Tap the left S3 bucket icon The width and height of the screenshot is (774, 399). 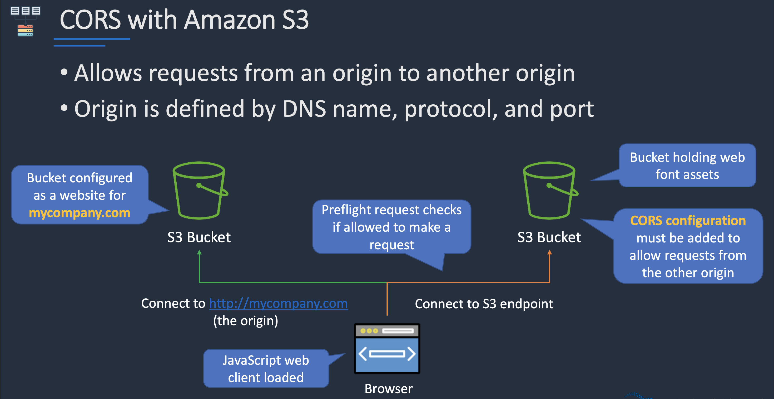coord(200,191)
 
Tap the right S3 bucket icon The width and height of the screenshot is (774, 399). coord(549,191)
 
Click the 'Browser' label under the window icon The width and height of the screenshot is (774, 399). coord(388,389)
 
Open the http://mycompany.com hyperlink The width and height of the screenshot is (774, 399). coord(278,303)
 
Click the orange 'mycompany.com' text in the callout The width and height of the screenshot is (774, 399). coord(80,213)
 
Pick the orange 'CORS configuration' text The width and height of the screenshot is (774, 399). coord(688,221)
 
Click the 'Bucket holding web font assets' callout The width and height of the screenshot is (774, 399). coord(687,166)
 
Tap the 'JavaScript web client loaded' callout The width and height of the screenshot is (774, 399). coord(266,369)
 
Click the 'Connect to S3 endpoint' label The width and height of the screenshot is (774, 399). coord(484,304)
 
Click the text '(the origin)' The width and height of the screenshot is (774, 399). coord(245,321)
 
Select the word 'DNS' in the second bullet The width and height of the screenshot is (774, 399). coord(304,109)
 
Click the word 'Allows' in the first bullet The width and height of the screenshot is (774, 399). coord(108,73)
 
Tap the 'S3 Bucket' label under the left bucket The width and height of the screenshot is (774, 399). coord(199,237)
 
